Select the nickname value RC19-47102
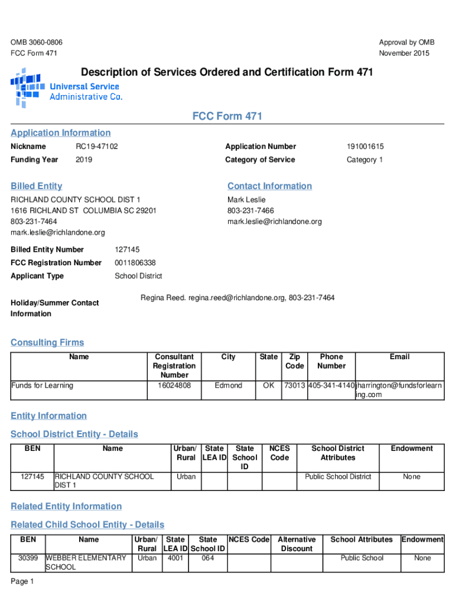[97, 147]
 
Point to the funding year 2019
[84, 160]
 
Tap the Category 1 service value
[365, 160]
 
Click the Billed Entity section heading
[37, 186]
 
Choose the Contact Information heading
[269, 186]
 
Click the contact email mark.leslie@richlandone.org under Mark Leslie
[275, 222]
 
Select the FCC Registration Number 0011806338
[135, 263]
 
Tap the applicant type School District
[138, 277]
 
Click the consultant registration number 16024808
[174, 386]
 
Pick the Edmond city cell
[228, 386]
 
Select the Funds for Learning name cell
[43, 386]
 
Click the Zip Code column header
[294, 361]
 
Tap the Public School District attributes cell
[338, 477]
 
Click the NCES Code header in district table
[279, 453]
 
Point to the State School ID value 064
[207, 558]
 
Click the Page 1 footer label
[22, 582]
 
